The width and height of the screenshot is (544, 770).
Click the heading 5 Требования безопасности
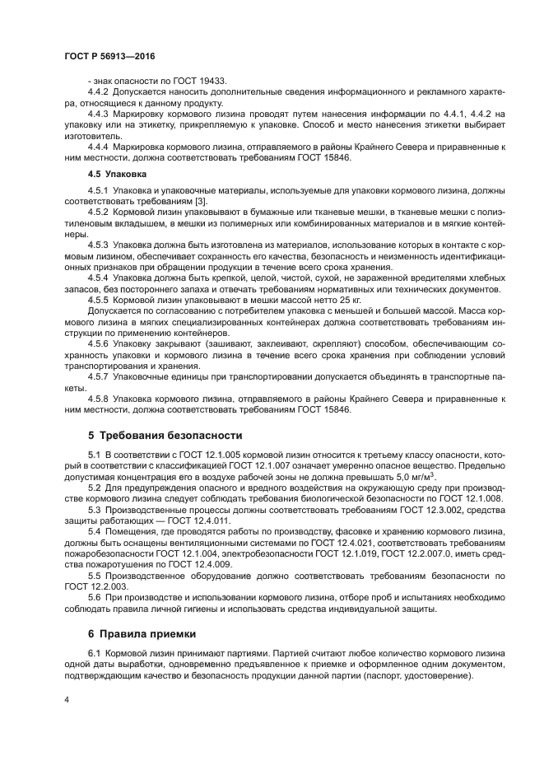[165, 434]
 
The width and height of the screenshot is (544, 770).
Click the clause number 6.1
[94, 653]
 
